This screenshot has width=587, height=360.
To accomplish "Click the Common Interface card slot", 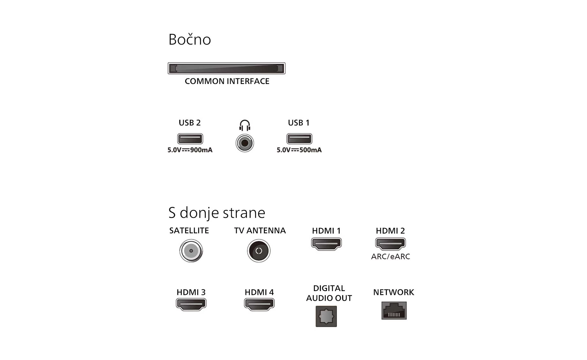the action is point(227,68).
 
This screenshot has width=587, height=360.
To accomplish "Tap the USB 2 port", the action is point(190,139).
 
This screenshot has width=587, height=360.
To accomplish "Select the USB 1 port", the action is point(299,139).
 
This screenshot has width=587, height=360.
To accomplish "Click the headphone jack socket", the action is point(245,143).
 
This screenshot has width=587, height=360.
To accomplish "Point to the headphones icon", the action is point(245,125).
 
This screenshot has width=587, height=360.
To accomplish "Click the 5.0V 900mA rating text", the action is point(190,150).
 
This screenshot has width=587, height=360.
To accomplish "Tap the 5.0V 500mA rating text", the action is point(299,150).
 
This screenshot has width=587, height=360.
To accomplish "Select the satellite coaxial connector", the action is point(191,251).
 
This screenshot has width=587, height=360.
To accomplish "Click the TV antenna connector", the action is point(259,251).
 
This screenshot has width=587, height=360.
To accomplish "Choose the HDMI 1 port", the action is point(326,244).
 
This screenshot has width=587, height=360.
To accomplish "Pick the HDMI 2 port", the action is point(390,244).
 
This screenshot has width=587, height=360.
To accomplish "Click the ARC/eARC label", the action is point(390,257).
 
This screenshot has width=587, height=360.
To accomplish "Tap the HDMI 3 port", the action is point(191,304).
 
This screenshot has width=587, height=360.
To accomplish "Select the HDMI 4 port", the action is point(259,304).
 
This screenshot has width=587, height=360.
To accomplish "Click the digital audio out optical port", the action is point(326,316).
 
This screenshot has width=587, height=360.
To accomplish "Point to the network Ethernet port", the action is point(394,311).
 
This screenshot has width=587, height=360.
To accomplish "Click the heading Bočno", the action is point(190,40).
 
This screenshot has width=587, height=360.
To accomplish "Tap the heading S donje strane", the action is point(217,213).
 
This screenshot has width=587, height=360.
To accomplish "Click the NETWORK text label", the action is point(394,292).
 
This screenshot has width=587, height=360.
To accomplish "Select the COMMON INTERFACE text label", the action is point(227,81).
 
